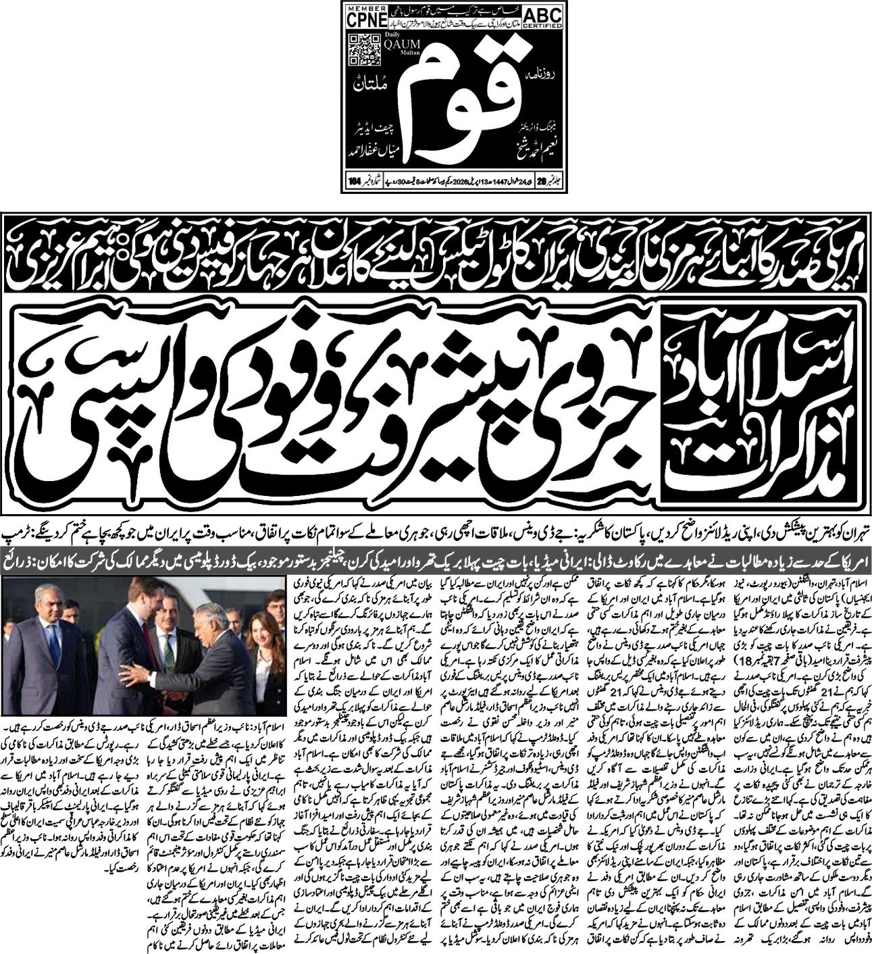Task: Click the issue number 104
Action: point(353,181)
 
